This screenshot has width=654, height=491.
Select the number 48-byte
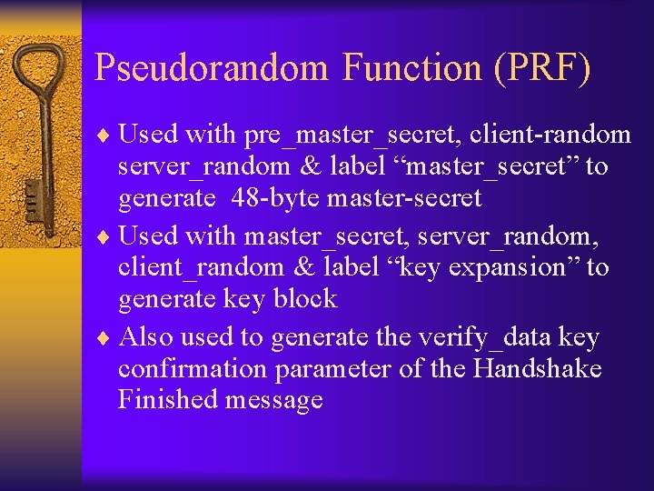(277, 197)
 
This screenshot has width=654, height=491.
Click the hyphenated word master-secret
(406, 197)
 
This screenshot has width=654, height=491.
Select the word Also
(146, 337)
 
